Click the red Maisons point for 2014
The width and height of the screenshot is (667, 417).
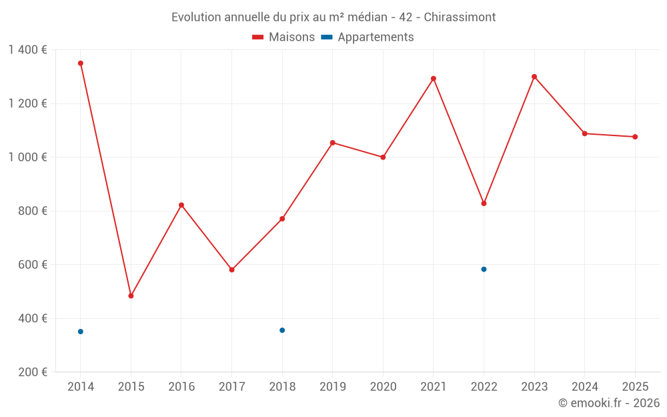pyautogui.click(x=81, y=63)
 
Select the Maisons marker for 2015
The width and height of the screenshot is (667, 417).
pyautogui.click(x=131, y=296)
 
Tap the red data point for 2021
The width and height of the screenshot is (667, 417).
pyautogui.click(x=434, y=79)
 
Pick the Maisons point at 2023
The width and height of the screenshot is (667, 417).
pyautogui.click(x=534, y=77)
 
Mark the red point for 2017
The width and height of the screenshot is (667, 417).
pyautogui.click(x=232, y=270)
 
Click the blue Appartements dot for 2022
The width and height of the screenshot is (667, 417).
pyautogui.click(x=484, y=269)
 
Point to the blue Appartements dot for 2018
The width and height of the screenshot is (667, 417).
pyautogui.click(x=282, y=330)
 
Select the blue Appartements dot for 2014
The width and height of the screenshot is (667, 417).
pyautogui.click(x=81, y=332)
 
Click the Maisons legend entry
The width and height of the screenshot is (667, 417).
pyautogui.click(x=283, y=37)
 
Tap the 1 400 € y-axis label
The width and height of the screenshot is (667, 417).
pyautogui.click(x=28, y=50)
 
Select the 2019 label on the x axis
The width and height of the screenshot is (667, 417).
pyautogui.click(x=333, y=387)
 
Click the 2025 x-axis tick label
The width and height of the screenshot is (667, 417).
pyautogui.click(x=635, y=387)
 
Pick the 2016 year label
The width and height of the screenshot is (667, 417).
pyautogui.click(x=181, y=387)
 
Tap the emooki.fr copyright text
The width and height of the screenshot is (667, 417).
pyautogui.click(x=609, y=403)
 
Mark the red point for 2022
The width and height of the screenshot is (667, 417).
pyautogui.click(x=484, y=203)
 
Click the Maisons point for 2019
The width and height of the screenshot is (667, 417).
pyautogui.click(x=333, y=143)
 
